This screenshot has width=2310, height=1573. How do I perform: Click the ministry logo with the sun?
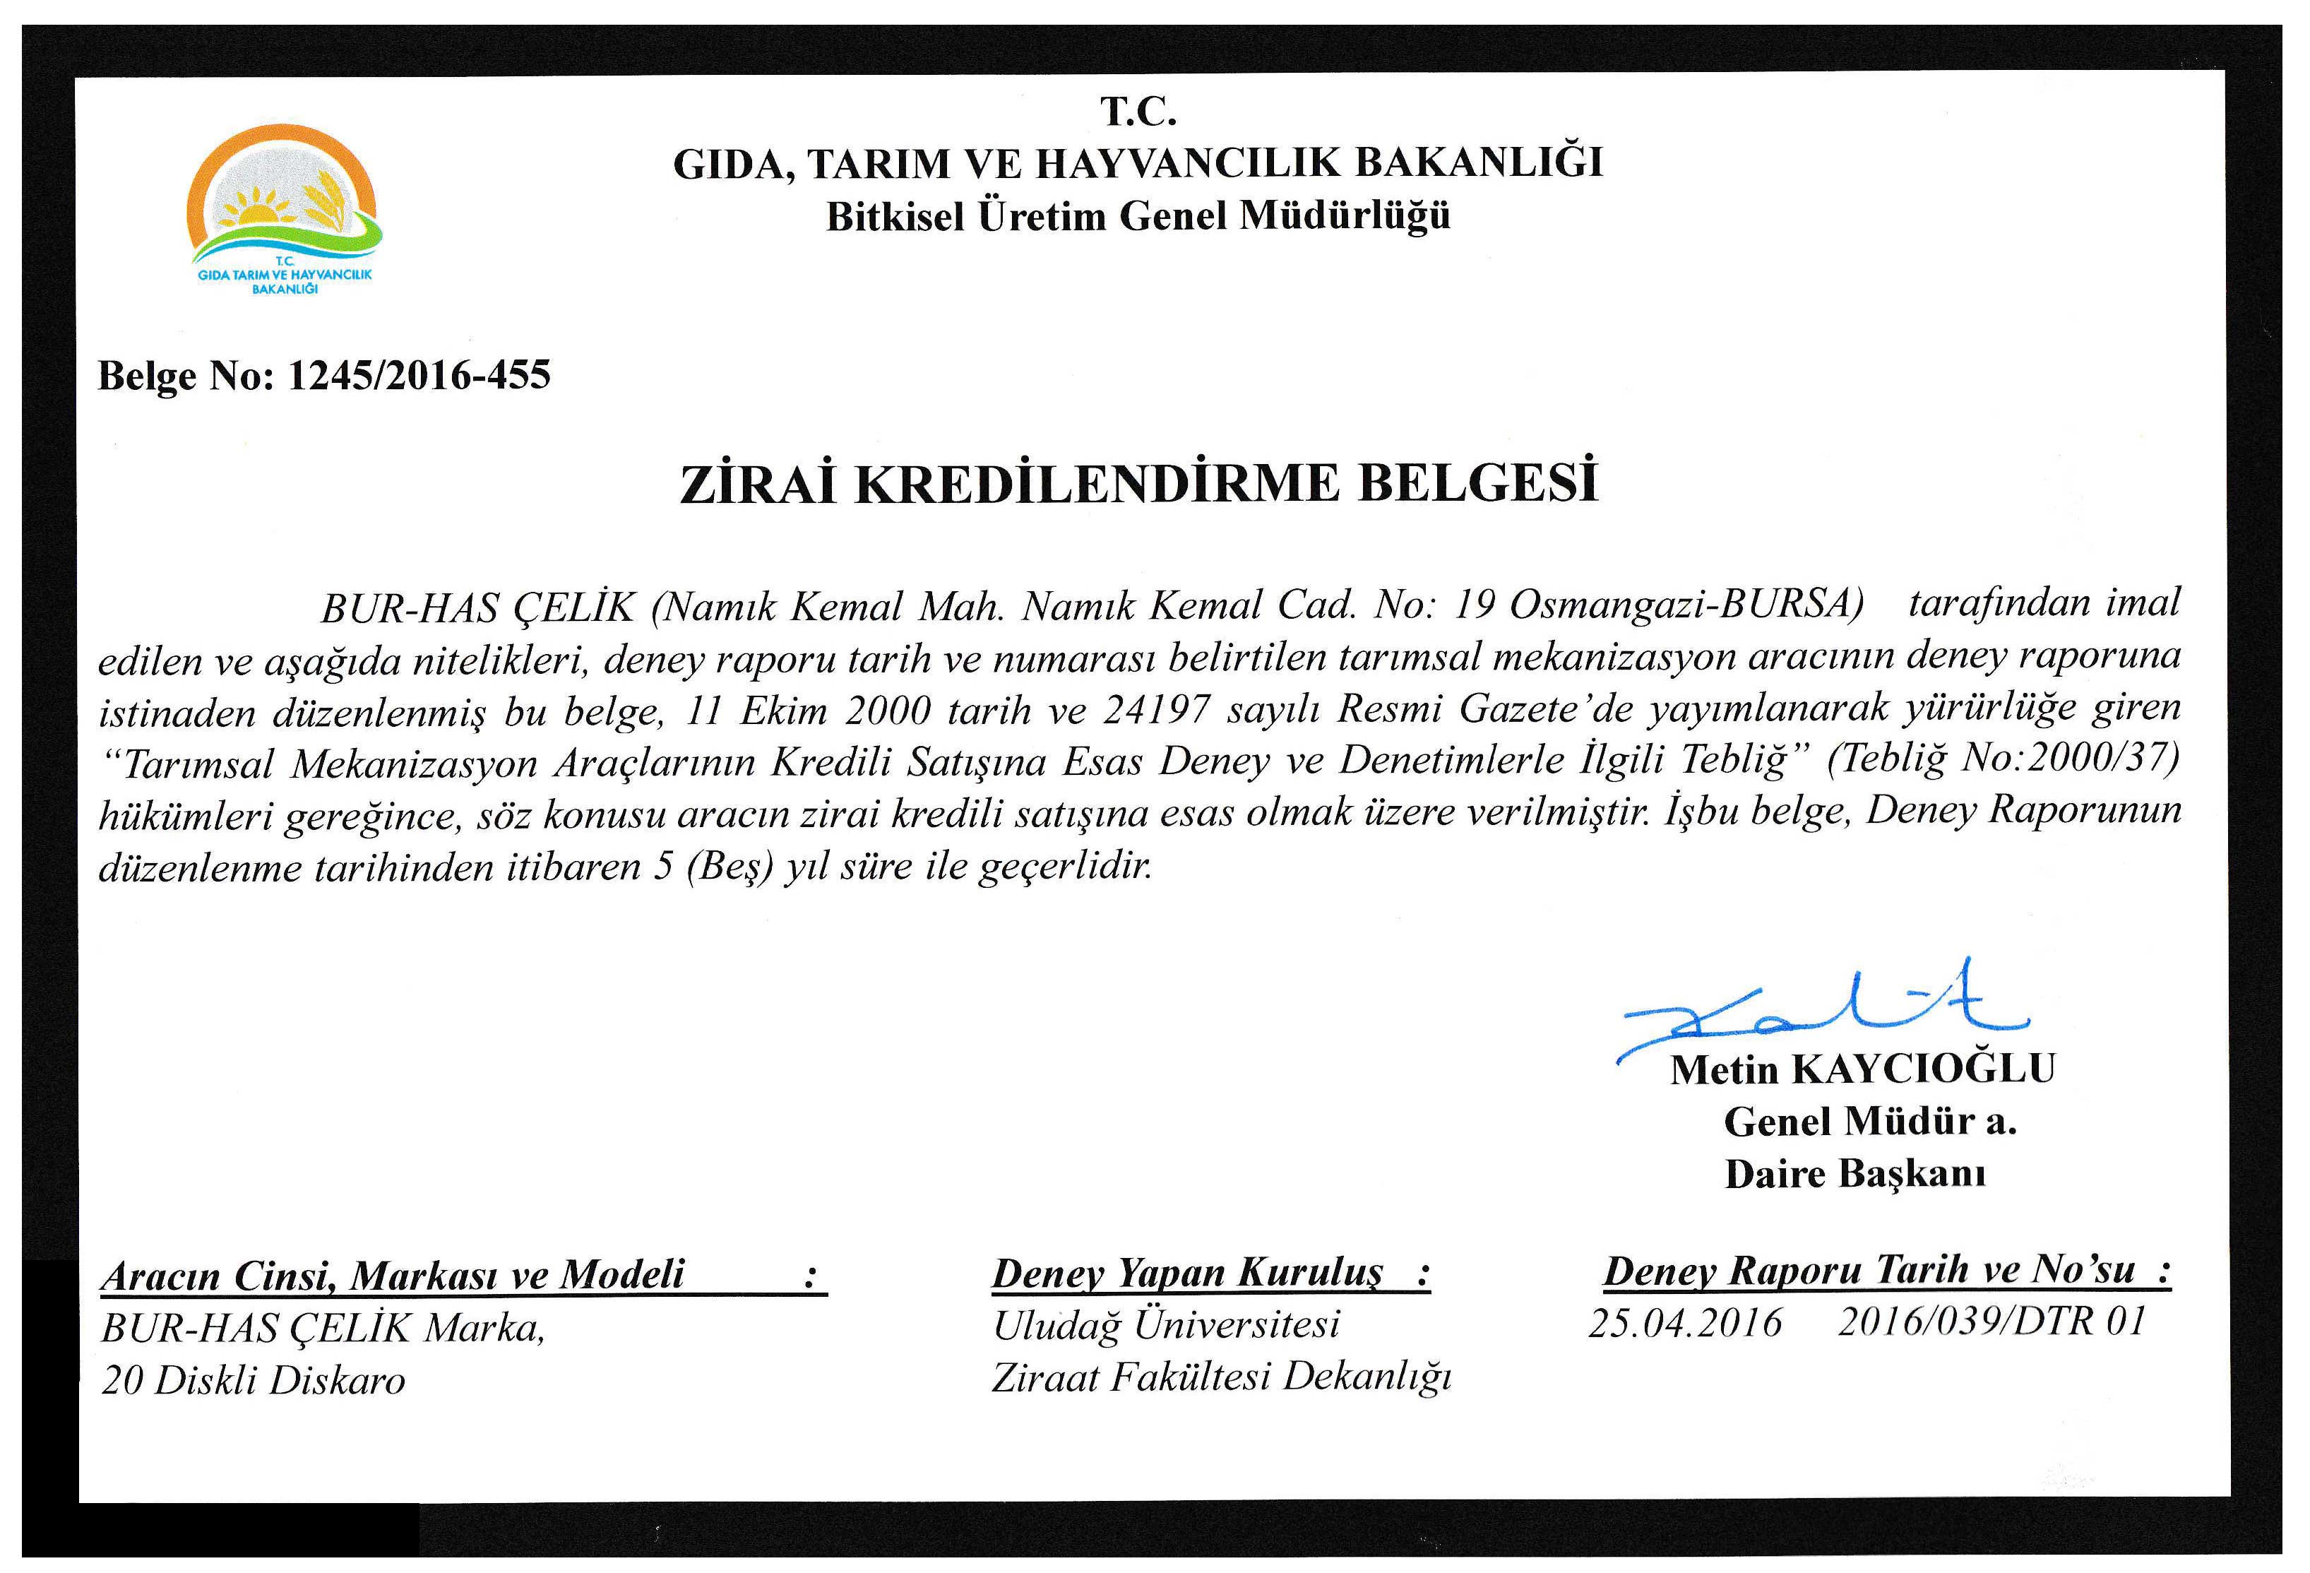[x=282, y=209]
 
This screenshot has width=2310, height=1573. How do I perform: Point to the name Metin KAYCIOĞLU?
[x=1862, y=1069]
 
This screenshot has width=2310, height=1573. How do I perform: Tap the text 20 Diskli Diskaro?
[x=254, y=1380]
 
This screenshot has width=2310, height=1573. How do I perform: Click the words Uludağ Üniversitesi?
[x=1167, y=1324]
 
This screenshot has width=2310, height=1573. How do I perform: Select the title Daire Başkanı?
[x=1854, y=1175]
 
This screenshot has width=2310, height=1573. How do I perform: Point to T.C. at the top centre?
[x=1138, y=112]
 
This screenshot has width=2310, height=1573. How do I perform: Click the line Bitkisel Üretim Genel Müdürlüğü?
[x=1138, y=215]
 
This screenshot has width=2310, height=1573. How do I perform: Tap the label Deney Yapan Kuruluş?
[x=1188, y=1273]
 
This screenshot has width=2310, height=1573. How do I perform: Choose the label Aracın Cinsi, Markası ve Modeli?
[x=393, y=1276]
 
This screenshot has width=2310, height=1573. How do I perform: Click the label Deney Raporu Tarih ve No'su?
[x=1869, y=1270]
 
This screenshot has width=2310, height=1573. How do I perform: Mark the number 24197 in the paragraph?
[x=1156, y=710]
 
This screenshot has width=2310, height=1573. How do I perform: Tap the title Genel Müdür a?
[x=1869, y=1122]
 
